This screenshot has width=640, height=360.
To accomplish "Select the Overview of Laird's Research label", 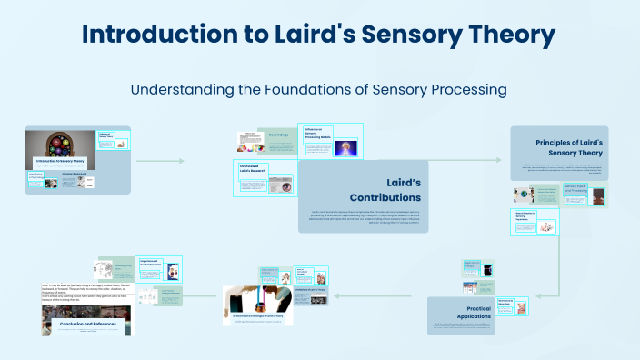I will point(255,168).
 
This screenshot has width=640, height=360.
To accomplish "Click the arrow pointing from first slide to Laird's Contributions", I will point(159,161).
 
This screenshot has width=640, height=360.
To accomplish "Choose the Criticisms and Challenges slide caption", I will point(258,315).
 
